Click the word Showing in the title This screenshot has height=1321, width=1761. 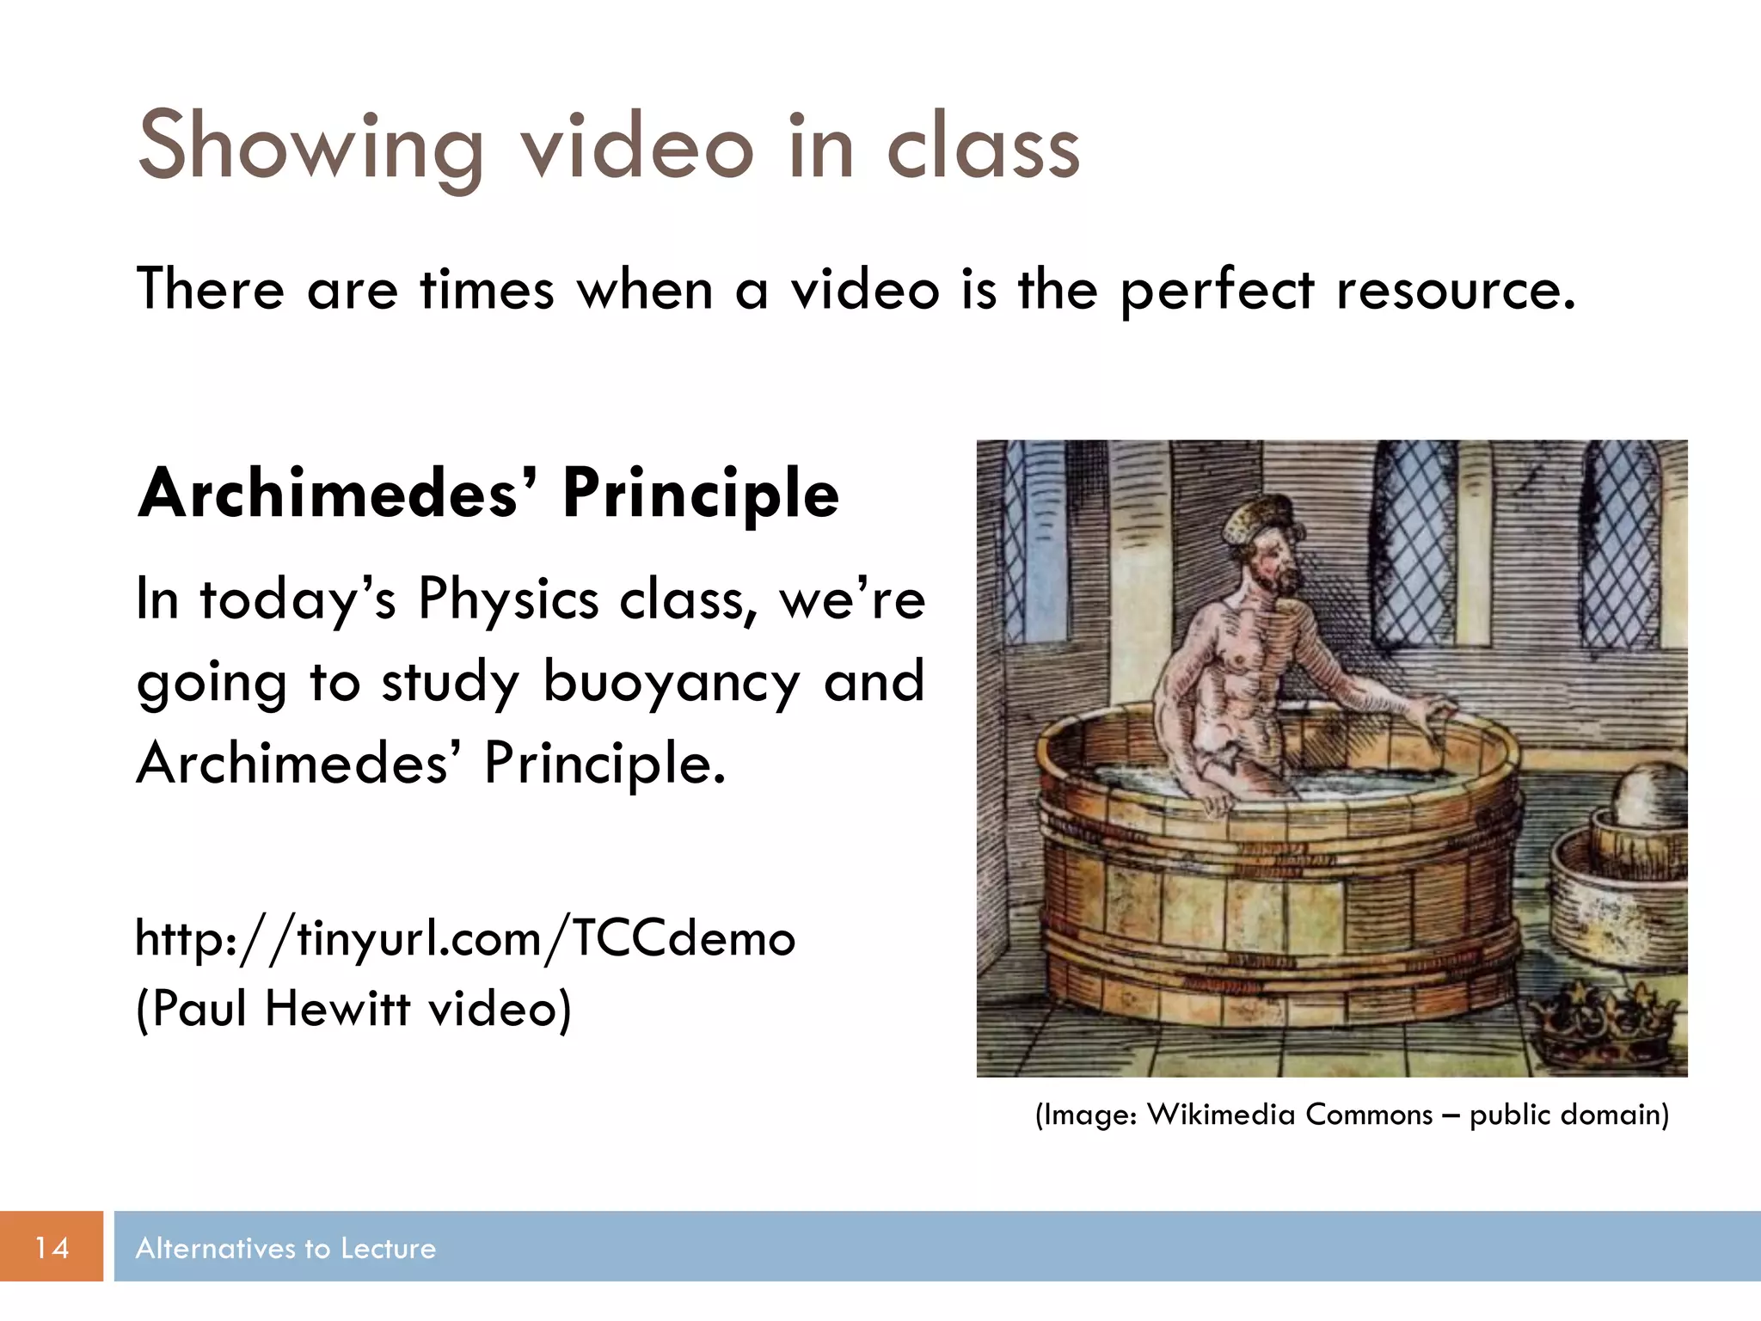point(310,148)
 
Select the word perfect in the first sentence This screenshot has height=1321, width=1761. point(1217,291)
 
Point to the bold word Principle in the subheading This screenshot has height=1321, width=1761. point(700,495)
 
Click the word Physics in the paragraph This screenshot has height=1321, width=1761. point(508,599)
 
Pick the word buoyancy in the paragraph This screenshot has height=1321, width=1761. point(672,682)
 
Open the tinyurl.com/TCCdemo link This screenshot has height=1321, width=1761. point(465,938)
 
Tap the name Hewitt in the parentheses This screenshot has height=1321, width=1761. point(337,1008)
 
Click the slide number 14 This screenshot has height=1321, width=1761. point(52,1247)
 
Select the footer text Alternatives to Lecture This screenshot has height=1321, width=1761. point(285,1248)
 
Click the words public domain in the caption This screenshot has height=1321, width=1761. point(1568,1115)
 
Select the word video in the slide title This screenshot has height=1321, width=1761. point(636,148)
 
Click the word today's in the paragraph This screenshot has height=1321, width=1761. point(298,599)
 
